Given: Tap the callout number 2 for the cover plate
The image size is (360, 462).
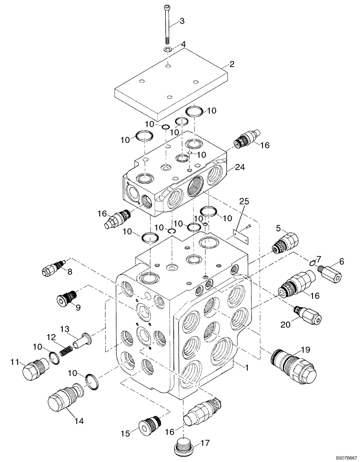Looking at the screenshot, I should [232, 64].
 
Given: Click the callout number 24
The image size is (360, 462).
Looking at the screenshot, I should [239, 167].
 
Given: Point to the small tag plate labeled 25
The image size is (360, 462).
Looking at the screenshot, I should [241, 236].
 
